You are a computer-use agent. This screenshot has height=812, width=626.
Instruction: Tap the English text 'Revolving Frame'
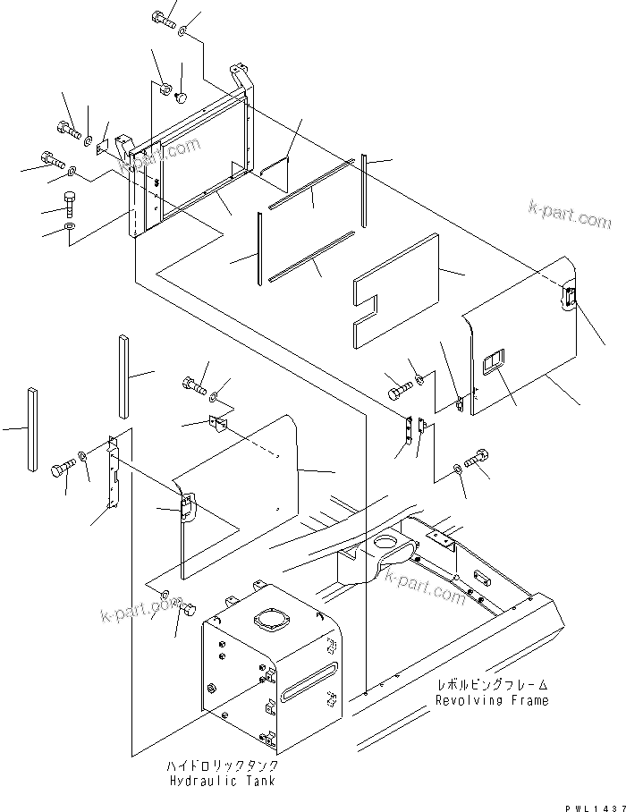click(492, 700)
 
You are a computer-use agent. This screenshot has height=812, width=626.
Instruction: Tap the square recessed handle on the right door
click(493, 364)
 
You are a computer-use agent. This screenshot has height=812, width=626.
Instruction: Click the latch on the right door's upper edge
click(568, 298)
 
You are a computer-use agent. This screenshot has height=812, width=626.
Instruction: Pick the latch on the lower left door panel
click(186, 509)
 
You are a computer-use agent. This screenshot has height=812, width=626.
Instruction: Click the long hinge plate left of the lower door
click(113, 474)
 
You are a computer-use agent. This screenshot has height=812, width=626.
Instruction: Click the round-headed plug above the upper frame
click(182, 97)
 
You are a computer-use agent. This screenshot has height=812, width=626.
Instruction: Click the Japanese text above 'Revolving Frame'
click(492, 685)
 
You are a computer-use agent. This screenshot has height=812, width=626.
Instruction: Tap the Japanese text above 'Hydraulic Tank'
click(222, 766)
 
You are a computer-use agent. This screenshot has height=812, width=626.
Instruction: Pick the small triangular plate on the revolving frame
click(441, 539)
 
